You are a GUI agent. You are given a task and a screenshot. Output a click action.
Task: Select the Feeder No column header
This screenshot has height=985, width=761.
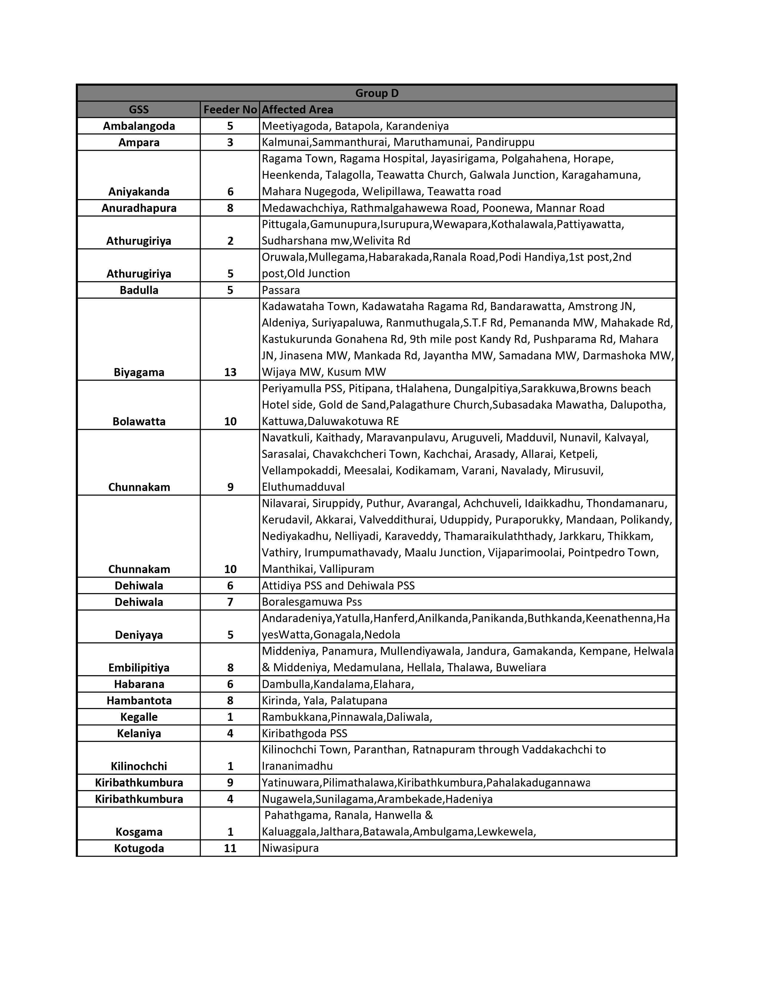[230, 110]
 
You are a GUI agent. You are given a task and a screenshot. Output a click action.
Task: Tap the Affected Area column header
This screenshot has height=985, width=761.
[297, 110]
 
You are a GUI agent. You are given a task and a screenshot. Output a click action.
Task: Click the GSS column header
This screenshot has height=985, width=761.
[138, 110]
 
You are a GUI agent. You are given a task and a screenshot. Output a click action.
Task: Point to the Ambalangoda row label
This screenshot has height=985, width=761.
[139, 126]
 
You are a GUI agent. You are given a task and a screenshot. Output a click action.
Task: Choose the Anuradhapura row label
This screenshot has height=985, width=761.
[139, 208]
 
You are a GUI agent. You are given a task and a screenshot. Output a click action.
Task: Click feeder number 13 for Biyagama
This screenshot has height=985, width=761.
[230, 373]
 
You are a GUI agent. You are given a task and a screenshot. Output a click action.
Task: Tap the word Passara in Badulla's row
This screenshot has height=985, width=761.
[281, 290]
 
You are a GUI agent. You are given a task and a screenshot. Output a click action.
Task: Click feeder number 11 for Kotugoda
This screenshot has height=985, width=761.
[230, 848]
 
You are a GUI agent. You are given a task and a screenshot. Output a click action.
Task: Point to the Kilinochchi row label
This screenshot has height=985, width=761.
[139, 766]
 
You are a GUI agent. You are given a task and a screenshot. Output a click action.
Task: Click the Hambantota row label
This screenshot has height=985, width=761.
[139, 701]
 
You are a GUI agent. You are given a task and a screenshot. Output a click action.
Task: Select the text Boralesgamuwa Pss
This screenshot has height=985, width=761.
[312, 602]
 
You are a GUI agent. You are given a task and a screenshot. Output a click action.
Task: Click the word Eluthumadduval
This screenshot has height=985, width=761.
[303, 487]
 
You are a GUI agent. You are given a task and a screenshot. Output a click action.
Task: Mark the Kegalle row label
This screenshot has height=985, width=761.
[139, 717]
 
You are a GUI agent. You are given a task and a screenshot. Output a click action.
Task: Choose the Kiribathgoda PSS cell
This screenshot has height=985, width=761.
[304, 733]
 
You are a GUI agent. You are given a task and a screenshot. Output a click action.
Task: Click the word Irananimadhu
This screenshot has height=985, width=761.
[297, 766]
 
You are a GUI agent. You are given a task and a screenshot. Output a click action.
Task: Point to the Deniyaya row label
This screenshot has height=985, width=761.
[139, 635]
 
